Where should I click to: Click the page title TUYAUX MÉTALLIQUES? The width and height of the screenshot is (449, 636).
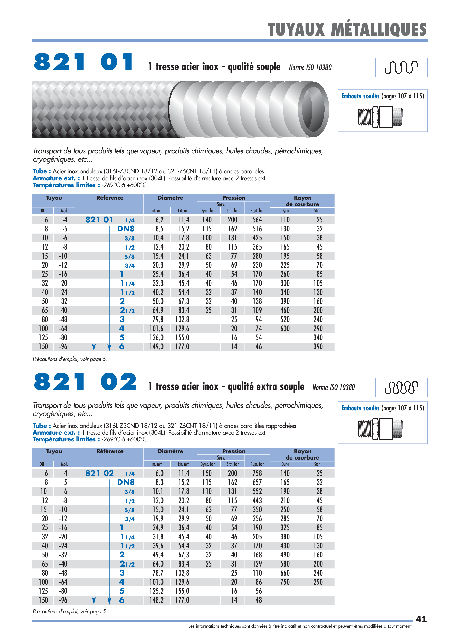pyautogui.click(x=347, y=29)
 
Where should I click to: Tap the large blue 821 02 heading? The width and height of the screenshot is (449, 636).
pyautogui.click(x=85, y=382)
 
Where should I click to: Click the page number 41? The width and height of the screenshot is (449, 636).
pyautogui.click(x=421, y=619)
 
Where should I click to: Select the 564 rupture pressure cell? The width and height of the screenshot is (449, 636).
pyautogui.click(x=257, y=220)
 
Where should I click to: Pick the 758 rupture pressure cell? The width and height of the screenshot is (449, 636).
pyautogui.click(x=257, y=473)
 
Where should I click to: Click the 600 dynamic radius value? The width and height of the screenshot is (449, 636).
pyautogui.click(x=285, y=329)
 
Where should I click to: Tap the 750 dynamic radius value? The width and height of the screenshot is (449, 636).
pyautogui.click(x=285, y=582)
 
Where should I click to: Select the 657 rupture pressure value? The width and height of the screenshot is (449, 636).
pyautogui.click(x=257, y=482)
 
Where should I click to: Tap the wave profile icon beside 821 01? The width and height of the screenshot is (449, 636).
pyautogui.click(x=401, y=67)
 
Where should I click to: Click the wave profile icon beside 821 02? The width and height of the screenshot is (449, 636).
pyautogui.click(x=401, y=387)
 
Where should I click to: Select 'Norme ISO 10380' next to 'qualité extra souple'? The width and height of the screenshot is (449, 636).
pyautogui.click(x=333, y=387)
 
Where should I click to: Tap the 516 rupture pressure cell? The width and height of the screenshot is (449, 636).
pyautogui.click(x=257, y=229)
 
